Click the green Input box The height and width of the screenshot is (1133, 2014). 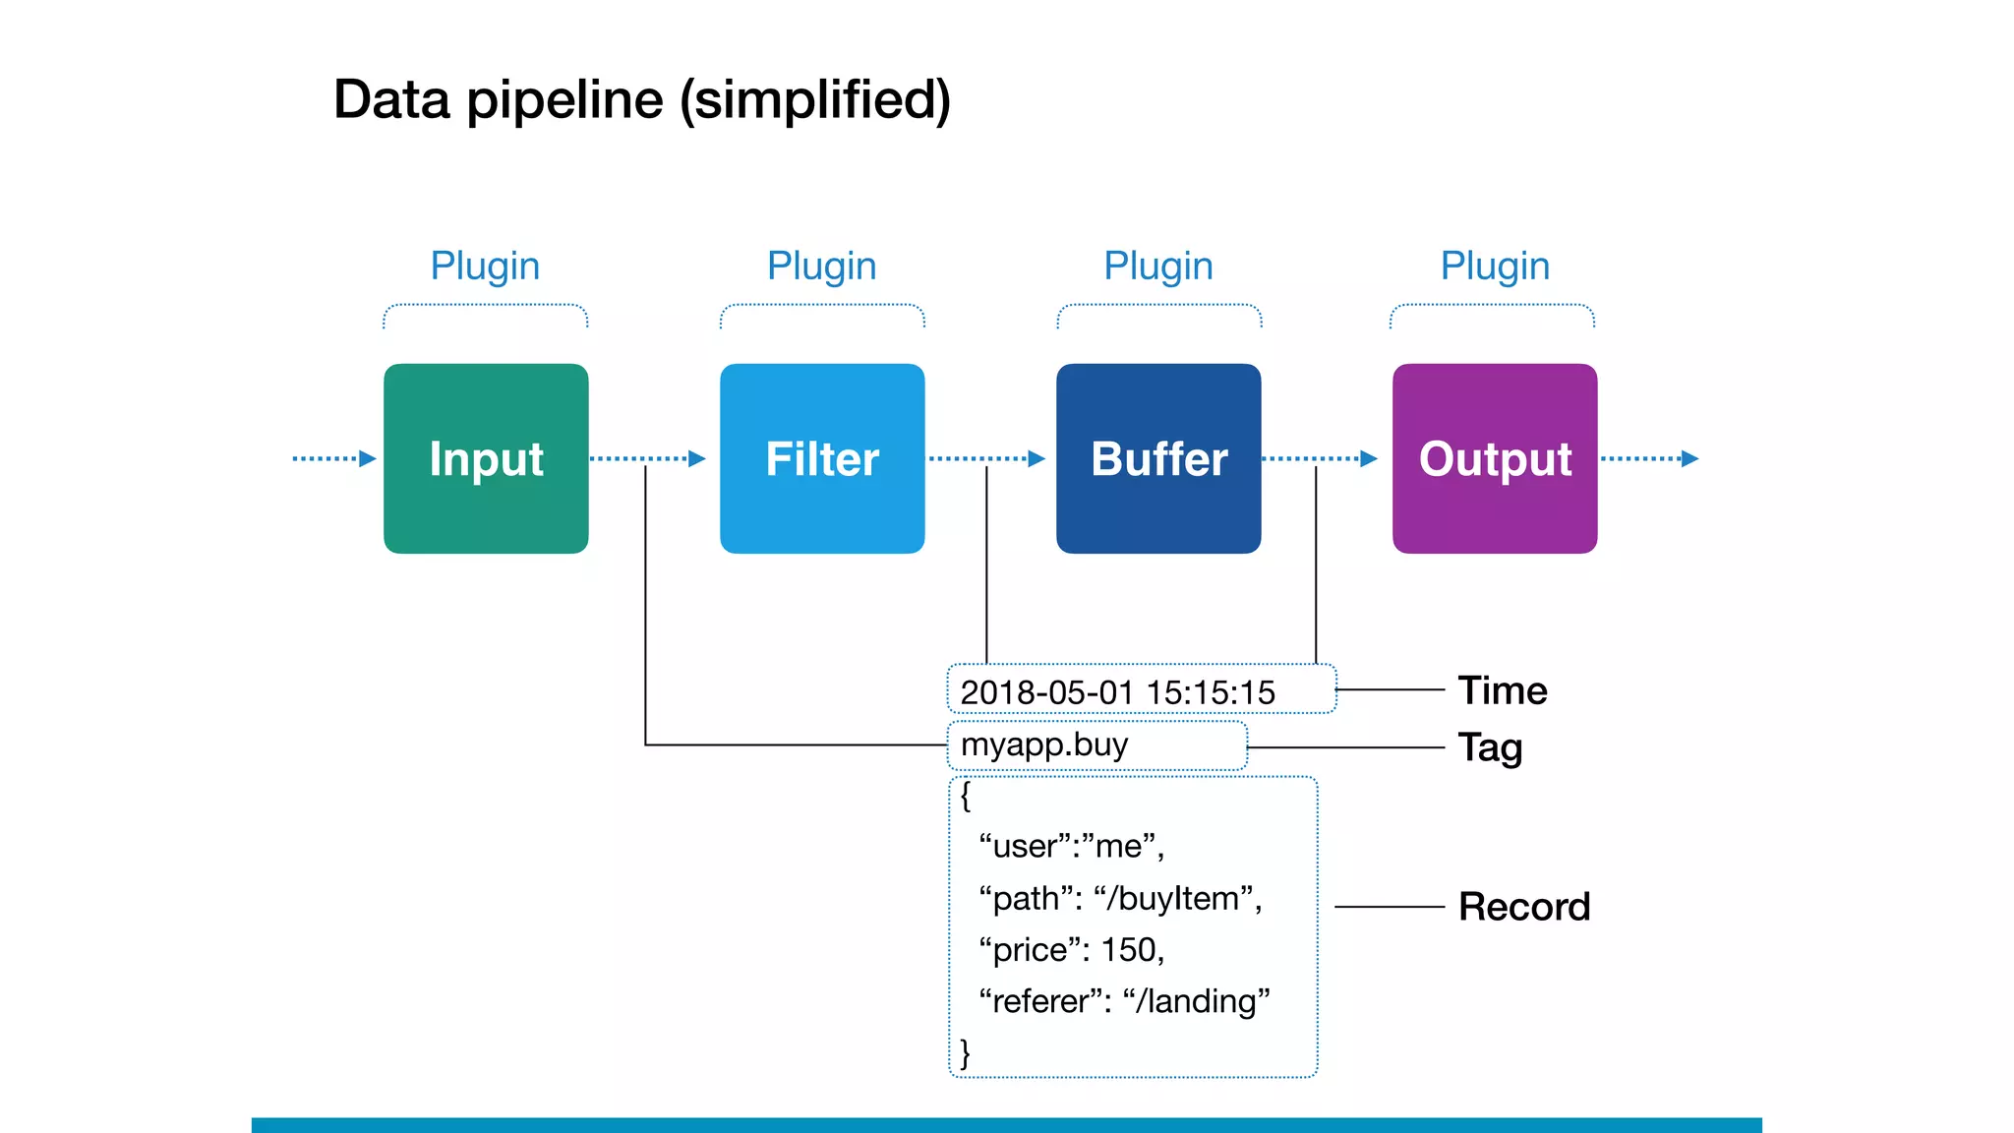486,458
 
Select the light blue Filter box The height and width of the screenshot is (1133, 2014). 822,458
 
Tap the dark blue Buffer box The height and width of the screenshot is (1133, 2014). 1158,458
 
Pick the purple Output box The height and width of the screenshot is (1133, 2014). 1495,458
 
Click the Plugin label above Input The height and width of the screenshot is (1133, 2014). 485,266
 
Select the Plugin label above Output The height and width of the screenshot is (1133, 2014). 1495,266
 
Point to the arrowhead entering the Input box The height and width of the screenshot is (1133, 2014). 368,458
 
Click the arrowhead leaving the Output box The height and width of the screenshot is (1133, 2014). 1689,458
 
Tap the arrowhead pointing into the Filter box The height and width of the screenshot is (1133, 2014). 697,458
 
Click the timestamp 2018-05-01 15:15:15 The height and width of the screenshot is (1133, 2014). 1117,692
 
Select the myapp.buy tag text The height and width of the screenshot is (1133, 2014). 1044,745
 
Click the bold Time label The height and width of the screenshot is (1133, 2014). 1502,690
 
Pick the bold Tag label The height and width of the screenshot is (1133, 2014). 1490,748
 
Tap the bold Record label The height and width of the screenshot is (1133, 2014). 1523,907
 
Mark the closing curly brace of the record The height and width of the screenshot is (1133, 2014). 965,1052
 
